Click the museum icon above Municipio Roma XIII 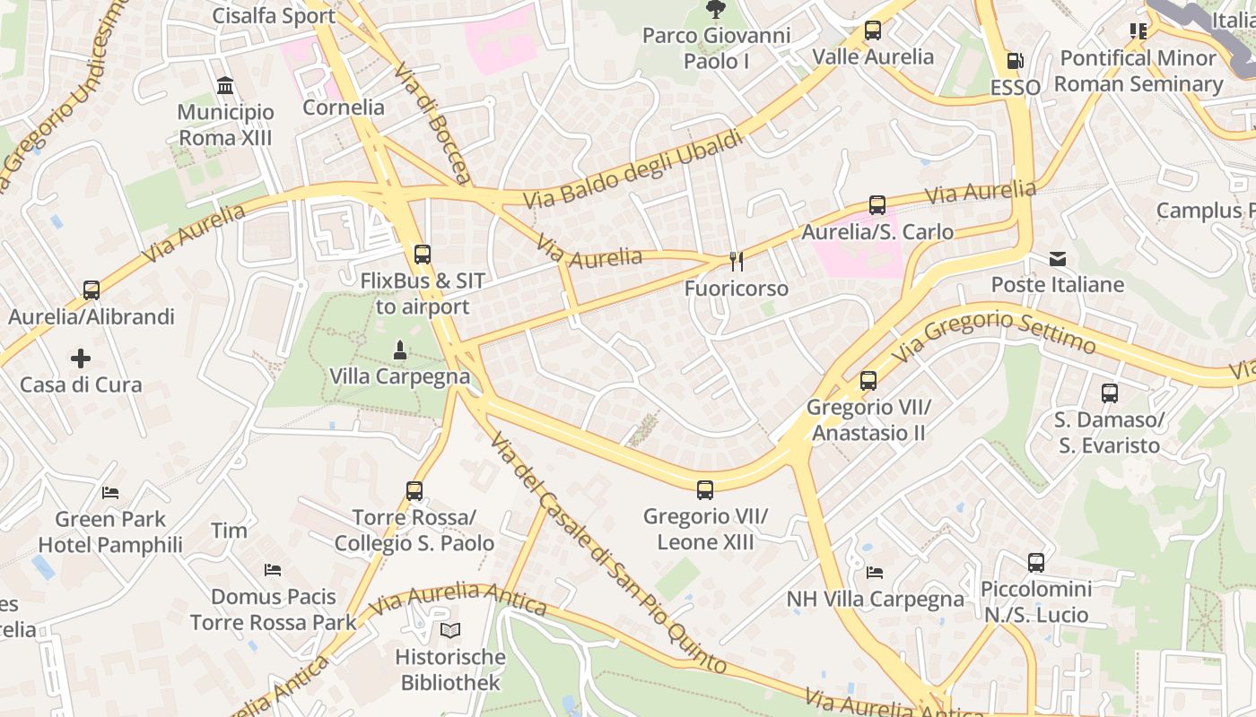(x=225, y=86)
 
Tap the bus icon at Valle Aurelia (x=873, y=30)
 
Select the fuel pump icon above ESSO (x=1015, y=61)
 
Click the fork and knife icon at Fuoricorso (x=736, y=262)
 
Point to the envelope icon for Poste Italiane (x=1058, y=259)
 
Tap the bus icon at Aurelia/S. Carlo (x=877, y=205)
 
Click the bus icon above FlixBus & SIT (x=422, y=255)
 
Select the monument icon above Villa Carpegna (x=400, y=350)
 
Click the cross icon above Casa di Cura (x=81, y=358)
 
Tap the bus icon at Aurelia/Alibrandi (x=92, y=290)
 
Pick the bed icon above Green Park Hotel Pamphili (x=110, y=493)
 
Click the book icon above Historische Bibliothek (x=450, y=631)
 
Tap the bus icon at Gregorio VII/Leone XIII (x=705, y=490)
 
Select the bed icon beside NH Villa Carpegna (x=875, y=573)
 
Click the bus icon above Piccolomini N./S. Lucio (x=1036, y=563)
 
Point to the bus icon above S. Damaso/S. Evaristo (x=1110, y=393)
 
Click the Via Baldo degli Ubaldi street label (x=633, y=169)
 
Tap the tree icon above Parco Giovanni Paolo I (x=715, y=10)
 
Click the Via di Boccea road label (x=432, y=124)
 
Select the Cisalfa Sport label (x=274, y=15)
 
